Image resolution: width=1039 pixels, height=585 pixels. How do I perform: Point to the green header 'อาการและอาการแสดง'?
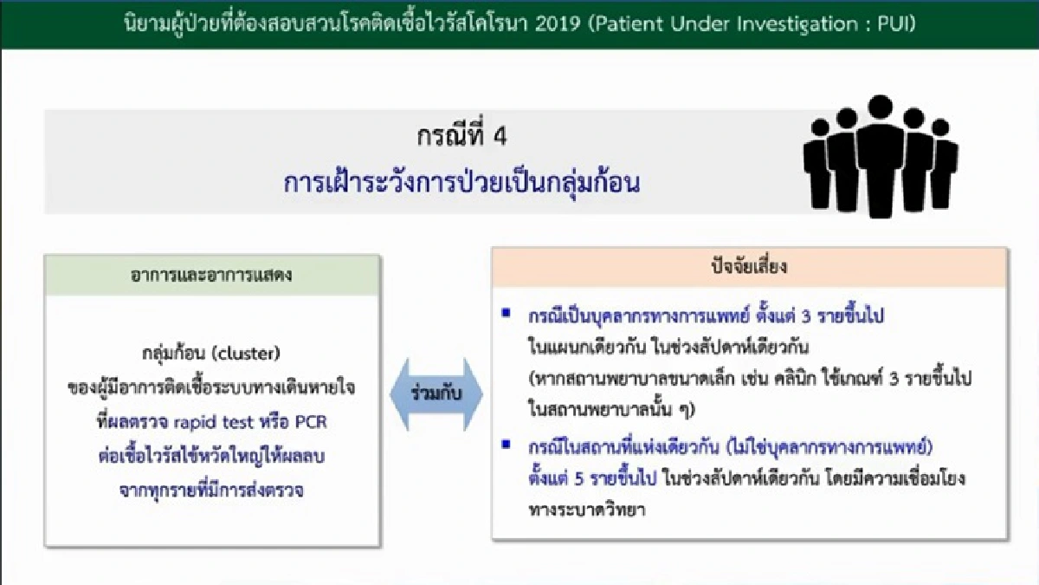point(212,276)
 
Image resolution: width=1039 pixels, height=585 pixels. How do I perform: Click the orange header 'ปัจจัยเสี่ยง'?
point(750,268)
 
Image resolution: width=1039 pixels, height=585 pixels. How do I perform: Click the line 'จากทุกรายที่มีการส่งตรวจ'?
point(212,491)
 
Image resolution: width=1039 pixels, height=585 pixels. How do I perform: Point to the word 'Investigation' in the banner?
point(804,24)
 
